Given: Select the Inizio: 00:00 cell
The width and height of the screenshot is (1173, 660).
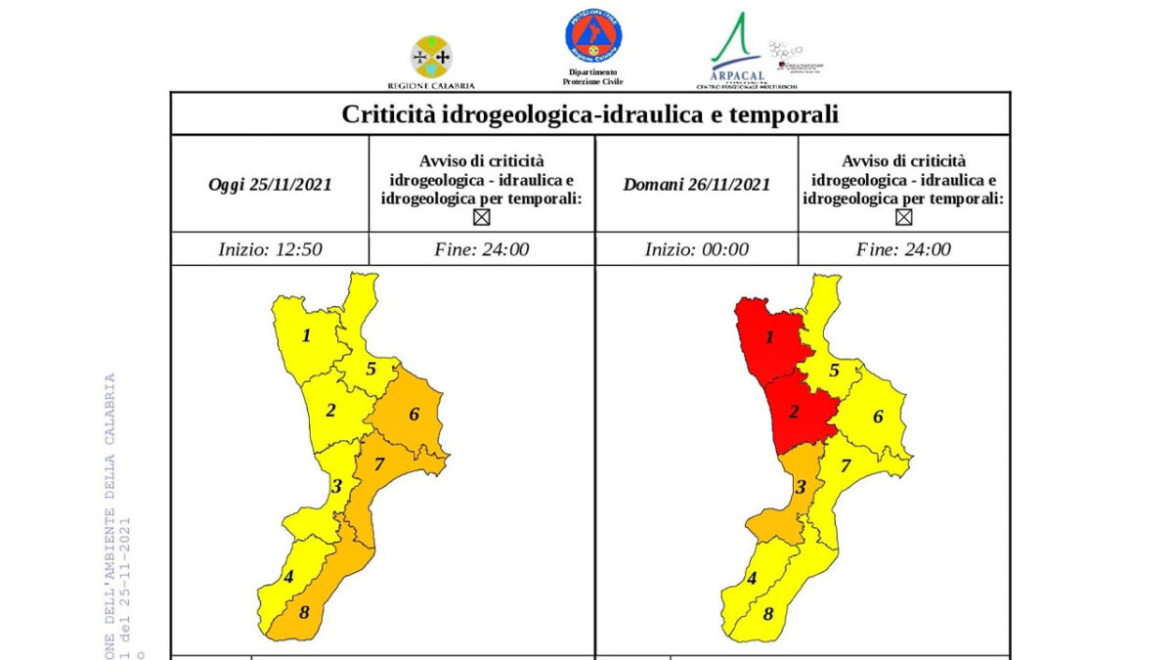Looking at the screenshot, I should click(x=696, y=249).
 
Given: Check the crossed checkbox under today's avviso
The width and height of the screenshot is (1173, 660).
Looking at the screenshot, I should click(x=481, y=217).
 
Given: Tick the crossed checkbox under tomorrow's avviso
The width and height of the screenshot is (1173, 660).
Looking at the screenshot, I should click(x=903, y=217).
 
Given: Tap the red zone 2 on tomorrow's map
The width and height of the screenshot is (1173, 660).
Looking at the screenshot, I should click(x=796, y=411).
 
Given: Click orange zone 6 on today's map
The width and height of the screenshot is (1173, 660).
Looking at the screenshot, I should click(x=411, y=416).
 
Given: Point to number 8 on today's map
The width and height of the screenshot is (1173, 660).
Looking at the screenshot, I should click(x=305, y=614).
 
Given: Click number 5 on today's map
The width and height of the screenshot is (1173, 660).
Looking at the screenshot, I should click(x=371, y=369).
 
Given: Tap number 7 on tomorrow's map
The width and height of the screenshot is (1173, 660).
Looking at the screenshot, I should click(x=846, y=465).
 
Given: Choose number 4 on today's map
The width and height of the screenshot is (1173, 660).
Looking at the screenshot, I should click(x=288, y=577).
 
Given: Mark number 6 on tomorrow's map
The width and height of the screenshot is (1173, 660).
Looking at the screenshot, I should click(x=878, y=417).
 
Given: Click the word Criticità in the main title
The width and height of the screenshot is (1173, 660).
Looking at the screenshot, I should click(x=386, y=114).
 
